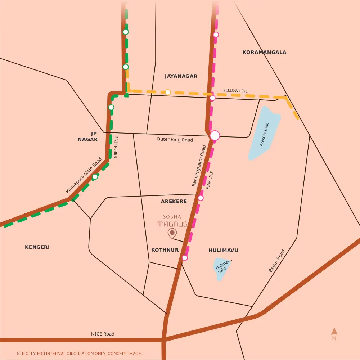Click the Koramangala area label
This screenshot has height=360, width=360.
coord(264,52)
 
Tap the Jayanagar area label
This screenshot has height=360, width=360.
coord(181,76)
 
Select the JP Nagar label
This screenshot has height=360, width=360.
coord(88,136)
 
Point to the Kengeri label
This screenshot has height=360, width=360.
coord(37,247)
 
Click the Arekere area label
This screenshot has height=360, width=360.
coord(174,201)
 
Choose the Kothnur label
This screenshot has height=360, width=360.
coord(165,250)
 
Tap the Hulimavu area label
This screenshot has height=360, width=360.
coord(223,250)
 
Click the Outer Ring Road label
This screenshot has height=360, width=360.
coord(175,139)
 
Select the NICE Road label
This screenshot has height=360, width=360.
coord(103,334)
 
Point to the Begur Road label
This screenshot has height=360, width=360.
coord(277,261)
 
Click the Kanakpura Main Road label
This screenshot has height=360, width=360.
coord(84,175)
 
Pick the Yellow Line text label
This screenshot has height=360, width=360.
coord(235,91)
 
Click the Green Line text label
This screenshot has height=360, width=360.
coord(116,147)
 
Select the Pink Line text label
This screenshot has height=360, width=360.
coord(210,180)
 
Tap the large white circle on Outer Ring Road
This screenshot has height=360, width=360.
coord(215,135)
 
